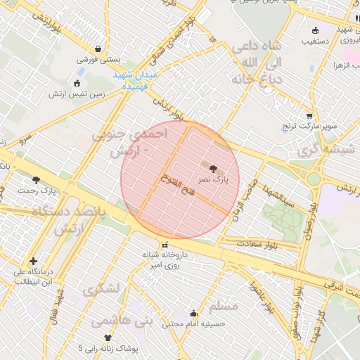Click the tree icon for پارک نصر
(x=214, y=168)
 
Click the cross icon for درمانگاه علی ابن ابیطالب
(x=34, y=261)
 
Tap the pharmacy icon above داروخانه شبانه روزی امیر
(x=164, y=244)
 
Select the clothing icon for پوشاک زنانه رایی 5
(x=108, y=337)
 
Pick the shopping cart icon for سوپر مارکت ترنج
(x=309, y=116)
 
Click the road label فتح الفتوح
(x=174, y=185)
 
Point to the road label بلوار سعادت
(x=257, y=243)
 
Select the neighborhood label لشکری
(x=101, y=288)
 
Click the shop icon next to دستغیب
(x=314, y=30)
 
